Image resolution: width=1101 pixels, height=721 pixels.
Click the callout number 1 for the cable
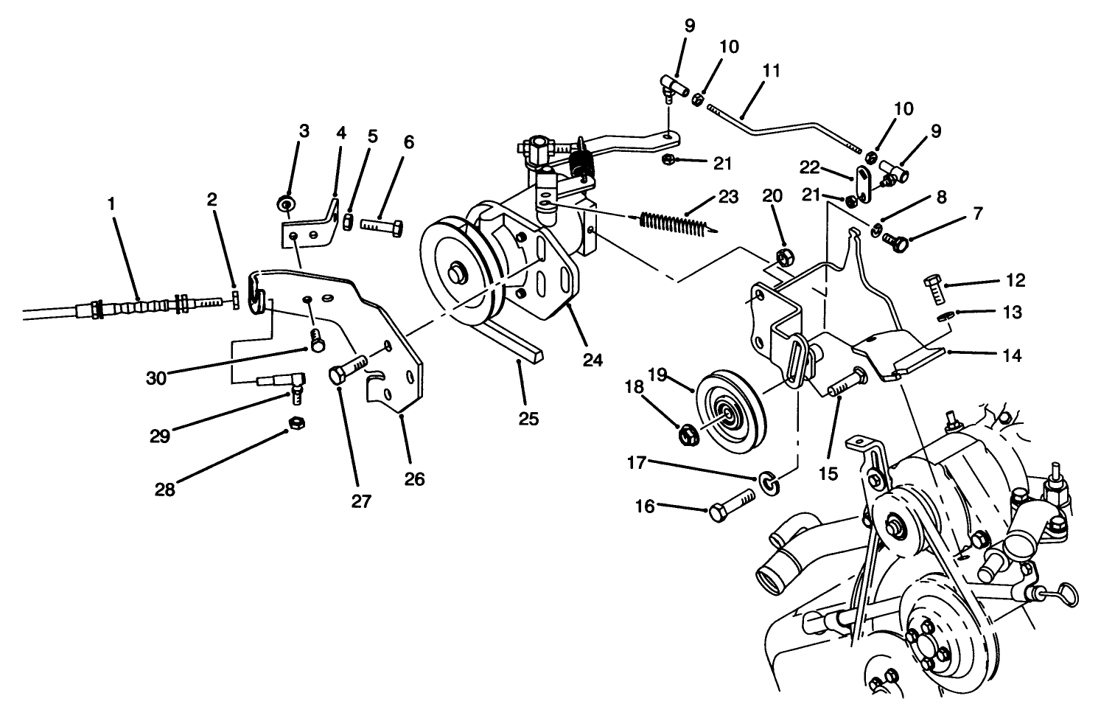click(x=112, y=203)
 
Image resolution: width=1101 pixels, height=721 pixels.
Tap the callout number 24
click(x=593, y=360)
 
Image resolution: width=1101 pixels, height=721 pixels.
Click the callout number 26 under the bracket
click(x=414, y=479)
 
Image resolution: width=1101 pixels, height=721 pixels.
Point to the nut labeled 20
click(x=785, y=257)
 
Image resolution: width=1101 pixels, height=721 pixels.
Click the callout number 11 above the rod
click(x=772, y=71)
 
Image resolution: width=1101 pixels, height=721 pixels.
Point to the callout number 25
click(x=528, y=418)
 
